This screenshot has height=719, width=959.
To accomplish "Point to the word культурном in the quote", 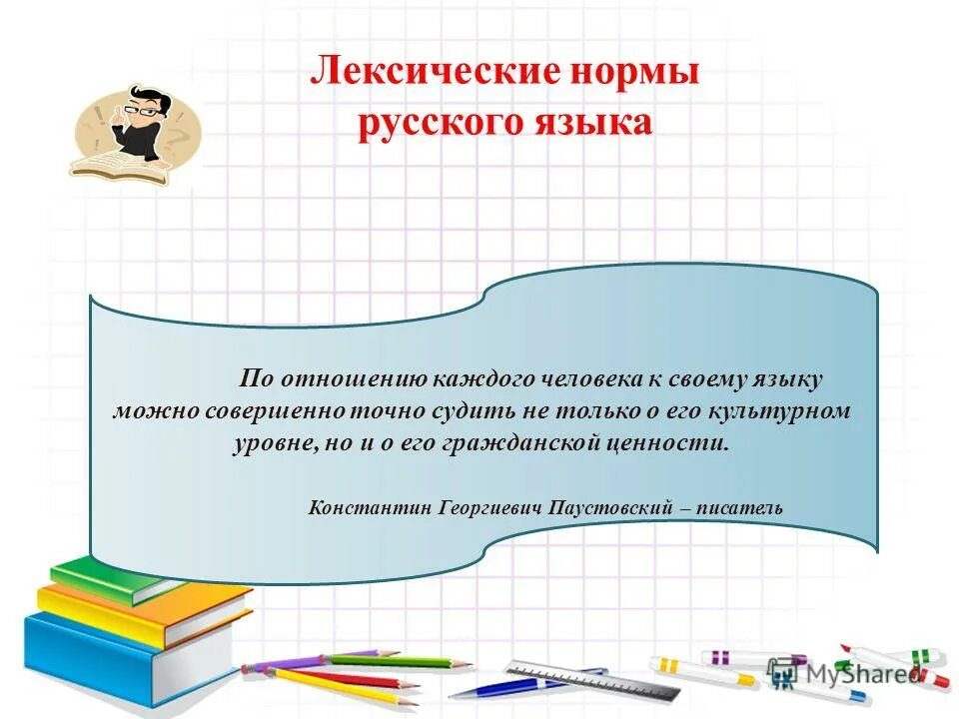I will (x=788, y=410).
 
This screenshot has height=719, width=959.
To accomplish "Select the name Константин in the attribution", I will (x=371, y=507).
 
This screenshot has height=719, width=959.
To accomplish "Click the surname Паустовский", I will (x=608, y=507).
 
